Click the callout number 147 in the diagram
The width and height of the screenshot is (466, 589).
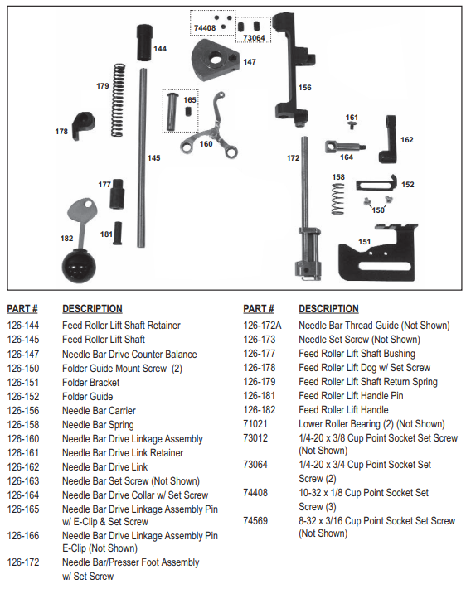pos(250,62)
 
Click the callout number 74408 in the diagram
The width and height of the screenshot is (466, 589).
pos(204,27)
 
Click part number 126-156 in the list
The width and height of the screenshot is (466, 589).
pos(24,411)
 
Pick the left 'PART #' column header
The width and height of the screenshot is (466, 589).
pos(22,309)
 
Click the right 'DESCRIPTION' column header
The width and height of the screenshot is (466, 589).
pos(328,309)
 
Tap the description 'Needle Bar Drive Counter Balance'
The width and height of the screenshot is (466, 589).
pos(129,354)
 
